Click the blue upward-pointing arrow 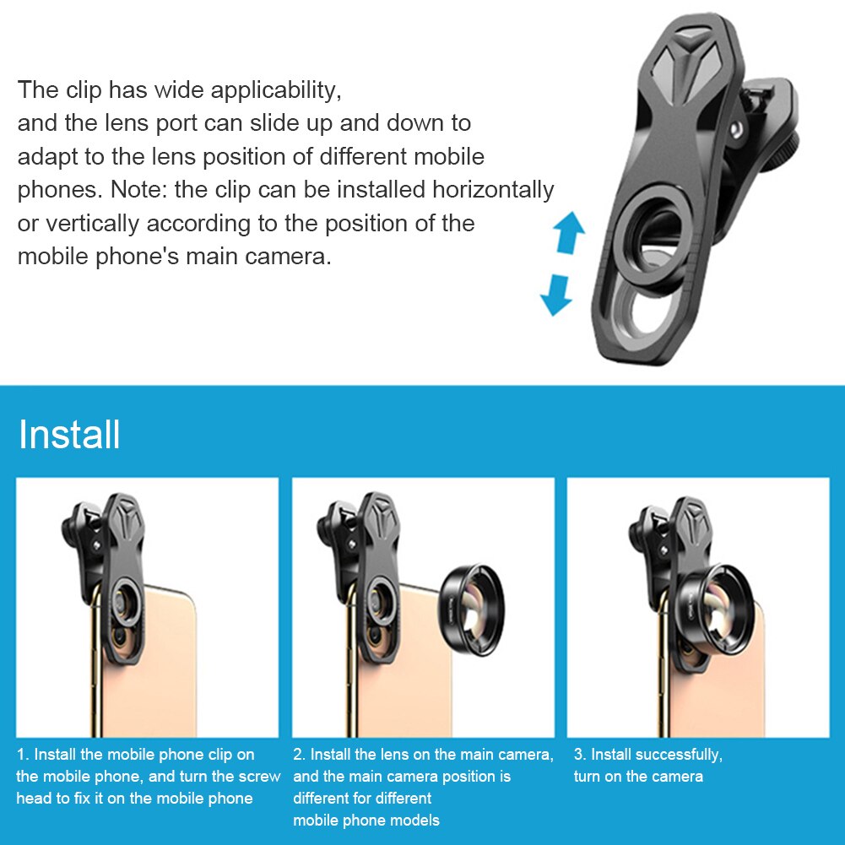coord(568,232)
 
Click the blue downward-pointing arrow coord(556,296)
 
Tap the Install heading coord(69,435)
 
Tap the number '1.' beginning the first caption coord(23,755)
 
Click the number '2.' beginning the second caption coord(299,755)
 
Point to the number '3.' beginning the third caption coord(579,755)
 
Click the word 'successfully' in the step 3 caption coord(679,755)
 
